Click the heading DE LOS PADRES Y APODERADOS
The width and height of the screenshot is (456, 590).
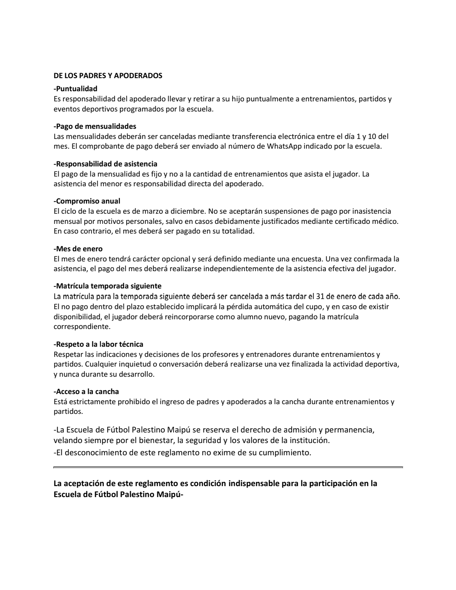(108, 76)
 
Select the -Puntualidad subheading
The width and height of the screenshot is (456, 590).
(76, 89)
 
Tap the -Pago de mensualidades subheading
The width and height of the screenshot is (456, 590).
(95, 126)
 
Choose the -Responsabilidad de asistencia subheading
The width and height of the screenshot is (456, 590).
(106, 164)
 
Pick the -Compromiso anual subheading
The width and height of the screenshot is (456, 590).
(87, 201)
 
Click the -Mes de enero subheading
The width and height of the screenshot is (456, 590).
(78, 249)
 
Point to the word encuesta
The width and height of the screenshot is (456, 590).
(305, 259)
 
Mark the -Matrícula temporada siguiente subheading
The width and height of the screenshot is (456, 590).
(108, 286)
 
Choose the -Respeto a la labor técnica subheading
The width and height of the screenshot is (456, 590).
(98, 344)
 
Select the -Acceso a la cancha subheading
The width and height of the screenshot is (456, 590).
(86, 392)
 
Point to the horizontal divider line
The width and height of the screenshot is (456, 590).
(228, 467)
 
